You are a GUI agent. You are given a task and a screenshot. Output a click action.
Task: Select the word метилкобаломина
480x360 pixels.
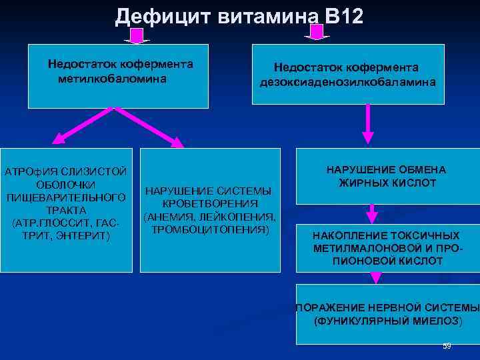coord(112,79)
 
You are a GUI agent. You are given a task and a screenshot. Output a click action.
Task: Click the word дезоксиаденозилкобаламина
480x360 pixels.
coord(348,83)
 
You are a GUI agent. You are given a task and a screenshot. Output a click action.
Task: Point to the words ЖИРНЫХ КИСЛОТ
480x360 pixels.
coord(387,183)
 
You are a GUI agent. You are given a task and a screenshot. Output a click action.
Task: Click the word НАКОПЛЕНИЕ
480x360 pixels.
coord(346,236)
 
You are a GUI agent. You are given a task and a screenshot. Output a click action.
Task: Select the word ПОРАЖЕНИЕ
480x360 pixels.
coord(330,308)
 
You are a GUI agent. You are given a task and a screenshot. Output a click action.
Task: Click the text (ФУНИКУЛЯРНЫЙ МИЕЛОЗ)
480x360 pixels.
coord(387,321)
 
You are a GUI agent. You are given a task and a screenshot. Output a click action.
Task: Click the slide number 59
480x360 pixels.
coord(447,346)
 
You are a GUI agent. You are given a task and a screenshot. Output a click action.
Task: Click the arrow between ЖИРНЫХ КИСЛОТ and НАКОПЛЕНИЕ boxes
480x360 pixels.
coord(373,213)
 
